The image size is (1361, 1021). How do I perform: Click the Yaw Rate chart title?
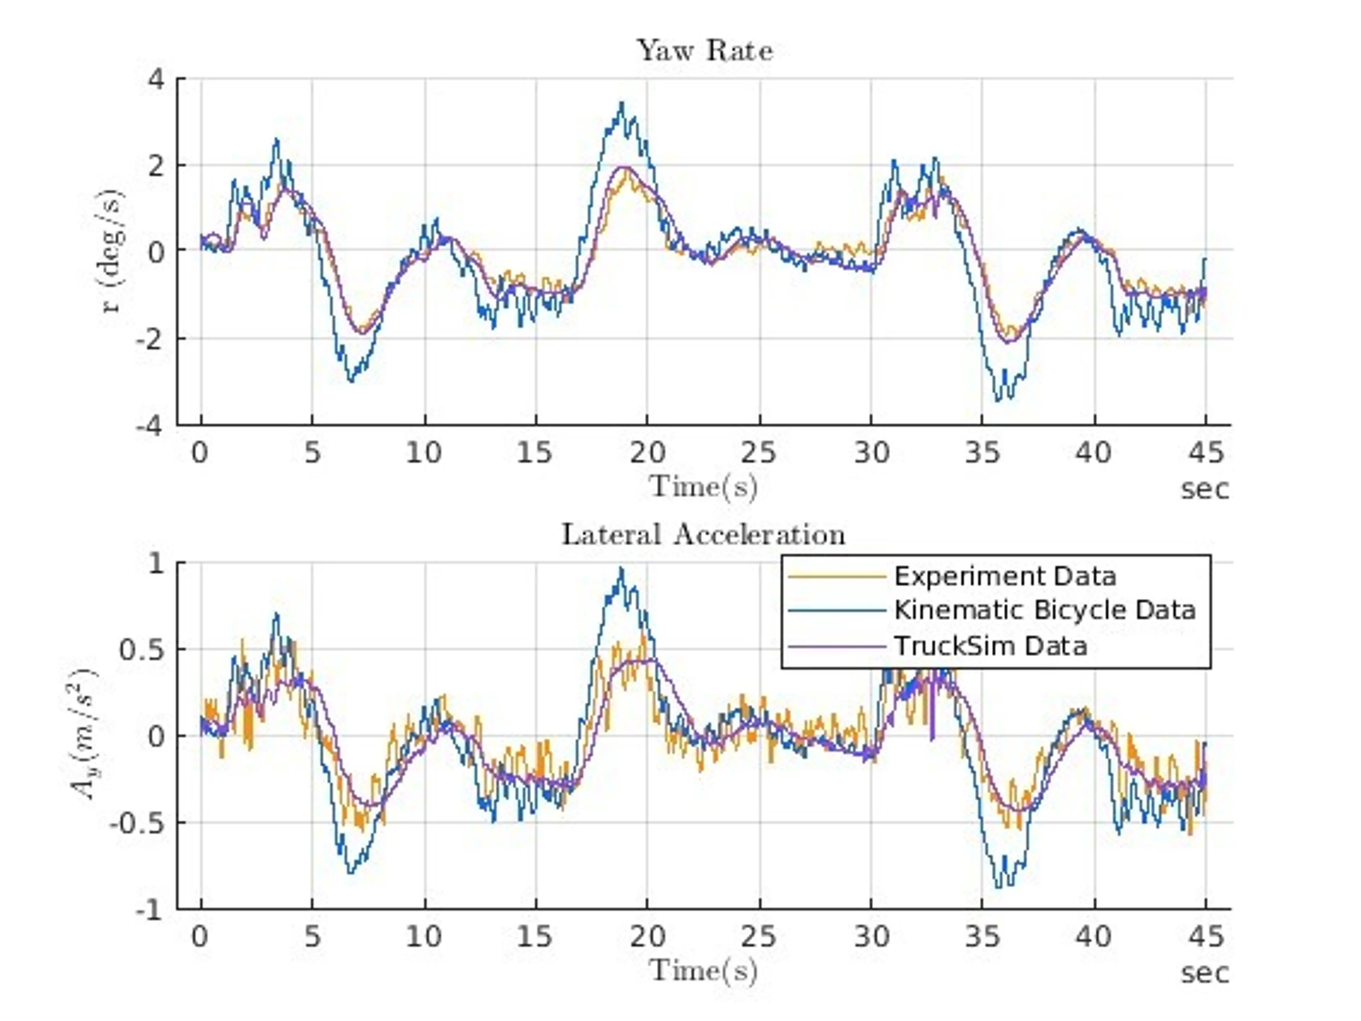(705, 50)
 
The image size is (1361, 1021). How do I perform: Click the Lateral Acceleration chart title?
(703, 535)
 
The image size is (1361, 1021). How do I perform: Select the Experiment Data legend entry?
(1004, 576)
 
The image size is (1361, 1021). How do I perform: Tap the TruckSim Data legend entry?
(990, 646)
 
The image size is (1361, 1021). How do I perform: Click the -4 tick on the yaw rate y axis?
(150, 425)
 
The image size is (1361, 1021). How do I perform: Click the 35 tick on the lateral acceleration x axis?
(982, 937)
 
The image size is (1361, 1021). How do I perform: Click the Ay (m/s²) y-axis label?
(85, 735)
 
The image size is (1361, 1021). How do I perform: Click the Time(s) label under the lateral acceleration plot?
(703, 971)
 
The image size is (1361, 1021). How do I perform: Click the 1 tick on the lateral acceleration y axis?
(157, 563)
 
